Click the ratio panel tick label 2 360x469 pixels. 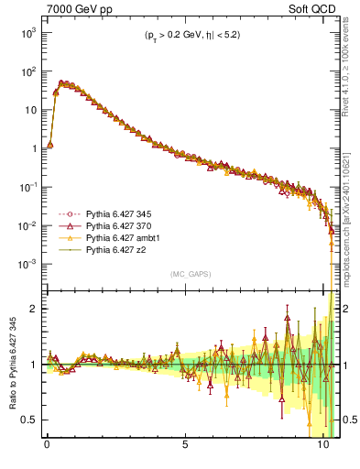point(32,309)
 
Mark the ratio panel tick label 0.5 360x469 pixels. point(28,420)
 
